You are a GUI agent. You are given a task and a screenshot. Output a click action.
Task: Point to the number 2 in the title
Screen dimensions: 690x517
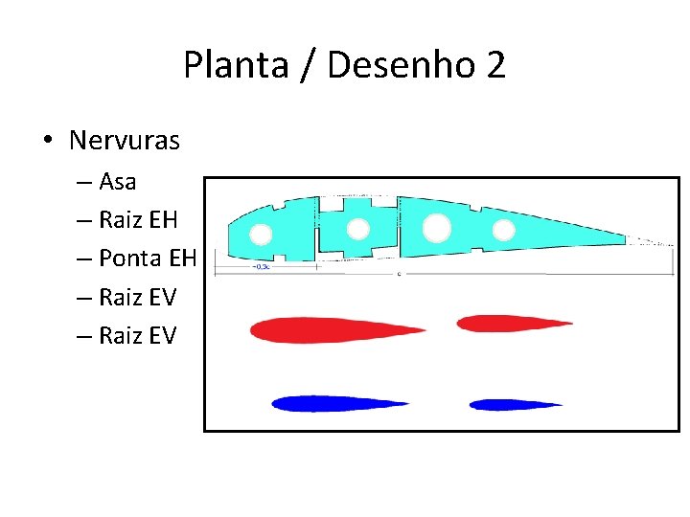point(494,65)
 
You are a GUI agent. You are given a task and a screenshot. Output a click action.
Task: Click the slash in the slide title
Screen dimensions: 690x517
point(308,65)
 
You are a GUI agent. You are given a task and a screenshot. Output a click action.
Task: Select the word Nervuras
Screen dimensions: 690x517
point(124,141)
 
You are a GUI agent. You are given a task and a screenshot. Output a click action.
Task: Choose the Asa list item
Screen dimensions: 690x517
point(117,181)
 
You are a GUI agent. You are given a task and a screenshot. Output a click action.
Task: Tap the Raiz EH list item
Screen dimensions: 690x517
point(138,220)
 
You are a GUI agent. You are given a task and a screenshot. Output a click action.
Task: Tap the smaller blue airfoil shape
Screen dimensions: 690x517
point(514,404)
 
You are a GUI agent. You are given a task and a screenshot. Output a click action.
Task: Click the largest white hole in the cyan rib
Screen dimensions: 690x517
point(436,228)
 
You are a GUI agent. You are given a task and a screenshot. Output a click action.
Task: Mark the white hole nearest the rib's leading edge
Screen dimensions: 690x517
point(262,235)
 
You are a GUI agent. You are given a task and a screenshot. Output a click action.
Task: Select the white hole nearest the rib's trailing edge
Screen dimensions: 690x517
point(503,230)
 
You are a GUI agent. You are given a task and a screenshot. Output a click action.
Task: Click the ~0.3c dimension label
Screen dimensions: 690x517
point(261,266)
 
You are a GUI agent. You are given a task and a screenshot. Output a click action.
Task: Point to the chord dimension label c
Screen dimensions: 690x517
point(399,274)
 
